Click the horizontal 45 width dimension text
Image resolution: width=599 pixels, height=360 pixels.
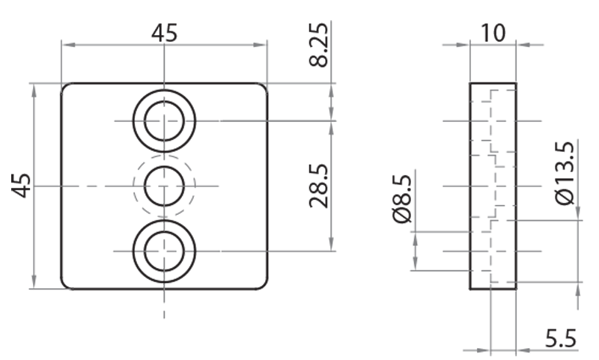pos(165,34)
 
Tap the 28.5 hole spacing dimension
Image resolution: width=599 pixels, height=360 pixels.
pos(320,185)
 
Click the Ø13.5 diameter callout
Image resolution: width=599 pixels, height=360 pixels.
pos(567,173)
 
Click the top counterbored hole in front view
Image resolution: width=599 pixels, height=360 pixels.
pos(164,120)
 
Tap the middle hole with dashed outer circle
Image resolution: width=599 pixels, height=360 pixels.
pos(164,185)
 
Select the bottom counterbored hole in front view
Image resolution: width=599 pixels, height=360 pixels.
pos(164,251)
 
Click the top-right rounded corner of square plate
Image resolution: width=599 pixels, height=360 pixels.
pos(264,87)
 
